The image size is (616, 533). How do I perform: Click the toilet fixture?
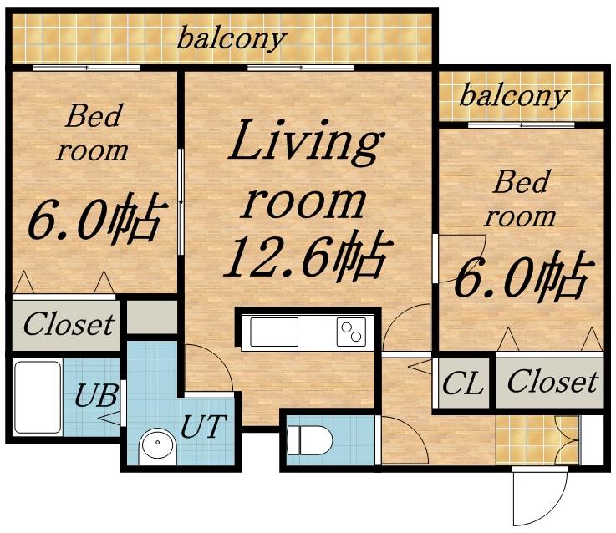(309, 440)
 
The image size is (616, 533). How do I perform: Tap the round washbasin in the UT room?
(158, 447)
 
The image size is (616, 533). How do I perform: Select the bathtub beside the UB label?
(38, 397)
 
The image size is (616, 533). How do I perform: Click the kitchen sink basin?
(274, 332)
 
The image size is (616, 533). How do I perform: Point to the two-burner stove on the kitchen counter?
(351, 332)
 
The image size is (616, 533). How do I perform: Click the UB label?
(96, 395)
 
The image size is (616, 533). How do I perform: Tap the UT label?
(203, 426)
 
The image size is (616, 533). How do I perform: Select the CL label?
(462, 383)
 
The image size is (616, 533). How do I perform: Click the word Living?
(306, 142)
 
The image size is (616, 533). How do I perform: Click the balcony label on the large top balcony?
(232, 39)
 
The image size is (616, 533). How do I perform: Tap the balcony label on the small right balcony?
(514, 96)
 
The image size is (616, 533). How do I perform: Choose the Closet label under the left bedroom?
(69, 324)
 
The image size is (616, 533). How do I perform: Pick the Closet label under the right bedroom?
(552, 382)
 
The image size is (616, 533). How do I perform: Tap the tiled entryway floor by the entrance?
(537, 440)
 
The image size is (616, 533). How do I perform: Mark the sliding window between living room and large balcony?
(301, 68)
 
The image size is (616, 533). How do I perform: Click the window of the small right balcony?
(522, 125)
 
